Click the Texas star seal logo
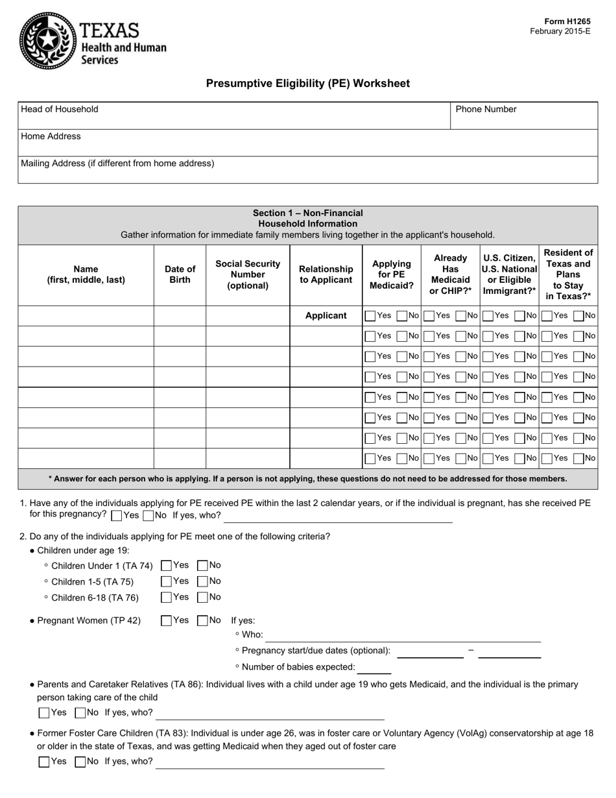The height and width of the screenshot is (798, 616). (48, 41)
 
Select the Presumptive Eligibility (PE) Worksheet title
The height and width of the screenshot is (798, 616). (307, 84)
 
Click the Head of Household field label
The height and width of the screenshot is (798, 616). (60, 109)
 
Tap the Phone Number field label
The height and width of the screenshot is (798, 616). (486, 109)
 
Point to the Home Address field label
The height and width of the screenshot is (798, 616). (51, 136)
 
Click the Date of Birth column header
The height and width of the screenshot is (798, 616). (180, 274)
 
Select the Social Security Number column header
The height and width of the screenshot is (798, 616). (248, 274)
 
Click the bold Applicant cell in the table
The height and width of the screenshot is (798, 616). (326, 315)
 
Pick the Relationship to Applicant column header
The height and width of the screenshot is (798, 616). (326, 274)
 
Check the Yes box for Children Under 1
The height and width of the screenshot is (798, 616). (166, 566)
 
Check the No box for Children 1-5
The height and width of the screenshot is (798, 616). (202, 581)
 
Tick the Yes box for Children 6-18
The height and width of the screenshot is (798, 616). (166, 597)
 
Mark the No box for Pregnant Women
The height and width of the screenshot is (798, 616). (202, 621)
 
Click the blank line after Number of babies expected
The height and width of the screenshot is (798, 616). (374, 668)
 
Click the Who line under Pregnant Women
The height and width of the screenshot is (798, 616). (403, 636)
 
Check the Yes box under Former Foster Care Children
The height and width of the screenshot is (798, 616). (44, 762)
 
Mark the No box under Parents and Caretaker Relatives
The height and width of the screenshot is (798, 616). (80, 713)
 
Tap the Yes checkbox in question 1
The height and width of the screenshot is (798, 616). (117, 516)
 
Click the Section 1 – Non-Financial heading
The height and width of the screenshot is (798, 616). (307, 213)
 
